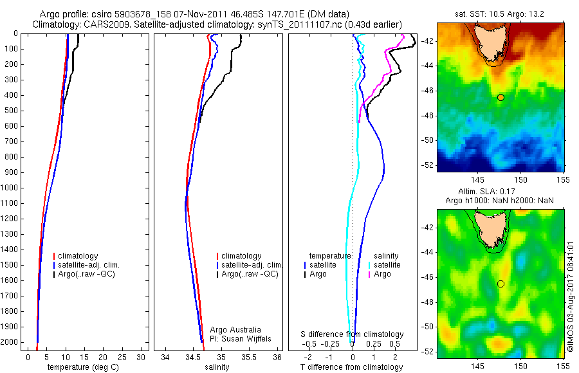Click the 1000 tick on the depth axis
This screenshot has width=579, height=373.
[11, 188]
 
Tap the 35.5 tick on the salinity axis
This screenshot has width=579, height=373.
[250, 357]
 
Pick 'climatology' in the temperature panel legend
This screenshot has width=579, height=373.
[79, 256]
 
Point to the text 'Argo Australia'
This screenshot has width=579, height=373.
[235, 330]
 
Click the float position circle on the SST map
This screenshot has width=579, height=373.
[501, 97]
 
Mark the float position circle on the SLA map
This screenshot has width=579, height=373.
[501, 284]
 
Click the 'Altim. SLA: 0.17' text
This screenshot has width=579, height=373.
[501, 192]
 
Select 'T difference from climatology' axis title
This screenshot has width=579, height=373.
[351, 367]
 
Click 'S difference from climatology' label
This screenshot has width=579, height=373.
[352, 334]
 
